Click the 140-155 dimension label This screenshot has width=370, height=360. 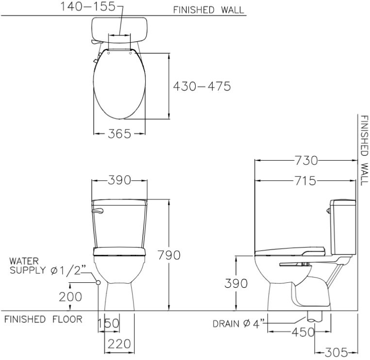coord(88,7)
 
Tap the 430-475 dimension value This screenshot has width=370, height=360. coord(202,86)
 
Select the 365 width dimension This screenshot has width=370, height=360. coord(119,134)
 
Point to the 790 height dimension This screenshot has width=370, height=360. coord(169,255)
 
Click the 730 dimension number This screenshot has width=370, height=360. coord(306,161)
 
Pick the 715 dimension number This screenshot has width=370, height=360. coord(305,181)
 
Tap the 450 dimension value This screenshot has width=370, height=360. coord(303,332)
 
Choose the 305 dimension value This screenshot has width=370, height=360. coord(336,352)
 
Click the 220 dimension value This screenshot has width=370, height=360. coord(119,344)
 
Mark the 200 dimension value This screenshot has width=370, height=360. coord(70,297)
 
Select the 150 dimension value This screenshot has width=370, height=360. coord(108,323)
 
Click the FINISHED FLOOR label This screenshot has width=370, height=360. coord(43,319)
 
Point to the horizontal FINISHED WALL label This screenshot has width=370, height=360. coord(208,10)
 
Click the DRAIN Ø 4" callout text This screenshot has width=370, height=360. coord(238,324)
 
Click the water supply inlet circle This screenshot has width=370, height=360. coord(98,282)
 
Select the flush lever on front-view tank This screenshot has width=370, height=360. coord(98,211)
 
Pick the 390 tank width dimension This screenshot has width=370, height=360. coord(119,180)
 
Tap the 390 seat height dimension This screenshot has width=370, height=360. coord(236,283)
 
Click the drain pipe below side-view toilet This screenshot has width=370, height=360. coord(315,316)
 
